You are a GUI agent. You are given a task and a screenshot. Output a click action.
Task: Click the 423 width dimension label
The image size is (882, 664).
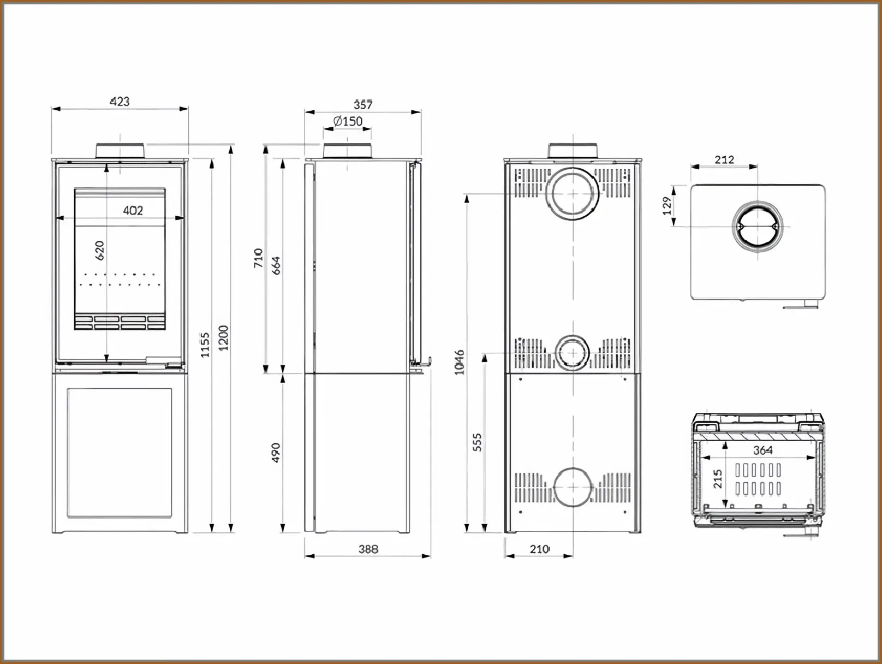tap(120, 101)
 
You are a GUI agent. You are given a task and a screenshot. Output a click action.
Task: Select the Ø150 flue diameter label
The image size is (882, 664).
tap(348, 121)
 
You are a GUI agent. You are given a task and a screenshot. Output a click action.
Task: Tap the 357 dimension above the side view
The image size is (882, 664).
tap(363, 104)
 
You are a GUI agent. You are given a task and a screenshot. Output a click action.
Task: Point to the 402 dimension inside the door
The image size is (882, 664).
tap(133, 210)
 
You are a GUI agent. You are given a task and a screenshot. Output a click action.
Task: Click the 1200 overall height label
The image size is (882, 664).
tap(223, 337)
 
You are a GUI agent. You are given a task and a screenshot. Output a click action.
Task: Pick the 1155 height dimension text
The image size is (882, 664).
tap(205, 345)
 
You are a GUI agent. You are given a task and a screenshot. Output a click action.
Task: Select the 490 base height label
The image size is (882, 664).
tap(276, 453)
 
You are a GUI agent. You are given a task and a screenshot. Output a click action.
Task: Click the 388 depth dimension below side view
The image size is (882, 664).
tap(368, 549)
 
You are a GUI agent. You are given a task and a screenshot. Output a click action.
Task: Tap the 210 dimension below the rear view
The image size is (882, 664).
tap(539, 549)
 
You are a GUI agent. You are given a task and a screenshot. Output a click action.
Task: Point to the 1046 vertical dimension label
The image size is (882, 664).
tap(460, 362)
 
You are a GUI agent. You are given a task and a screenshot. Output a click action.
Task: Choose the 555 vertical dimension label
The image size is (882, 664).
tap(477, 442)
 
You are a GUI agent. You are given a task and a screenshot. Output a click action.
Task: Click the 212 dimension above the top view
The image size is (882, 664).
tap(724, 159)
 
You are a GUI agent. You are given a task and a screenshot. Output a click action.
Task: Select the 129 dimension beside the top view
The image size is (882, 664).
tap(666, 206)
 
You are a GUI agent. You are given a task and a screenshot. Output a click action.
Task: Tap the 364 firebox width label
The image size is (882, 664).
tap(762, 450)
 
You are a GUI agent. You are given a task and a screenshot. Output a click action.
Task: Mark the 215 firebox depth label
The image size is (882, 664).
tap(717, 479)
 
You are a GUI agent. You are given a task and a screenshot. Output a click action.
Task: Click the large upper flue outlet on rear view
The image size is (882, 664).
tap(573, 194)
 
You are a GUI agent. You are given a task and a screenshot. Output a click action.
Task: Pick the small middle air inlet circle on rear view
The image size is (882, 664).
tap(573, 353)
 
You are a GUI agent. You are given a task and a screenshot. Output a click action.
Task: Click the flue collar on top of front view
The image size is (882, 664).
tap(120, 150)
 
